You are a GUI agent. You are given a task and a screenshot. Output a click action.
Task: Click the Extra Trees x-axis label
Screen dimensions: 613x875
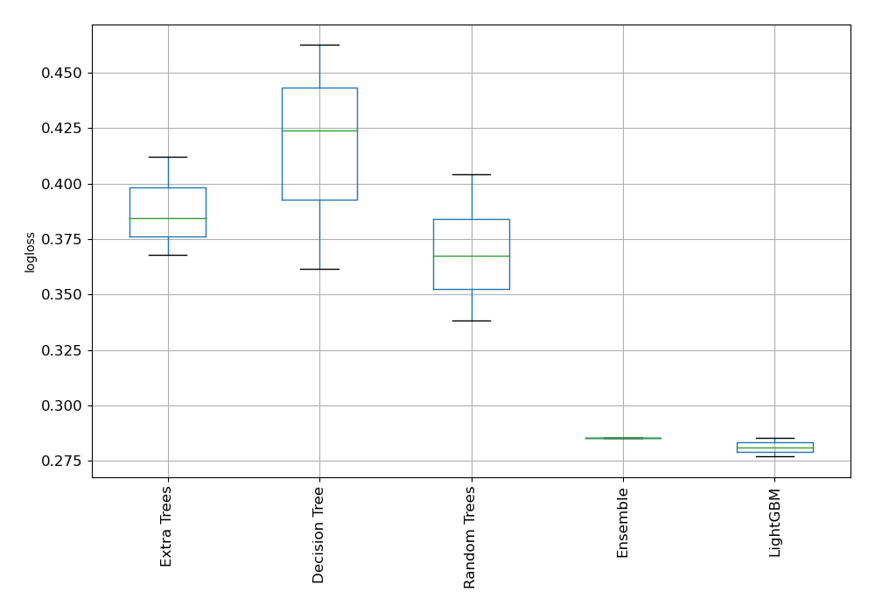click(167, 525)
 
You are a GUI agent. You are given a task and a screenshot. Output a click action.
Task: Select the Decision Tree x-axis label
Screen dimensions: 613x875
click(319, 534)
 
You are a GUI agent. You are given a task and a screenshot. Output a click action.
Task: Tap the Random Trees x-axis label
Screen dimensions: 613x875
click(471, 537)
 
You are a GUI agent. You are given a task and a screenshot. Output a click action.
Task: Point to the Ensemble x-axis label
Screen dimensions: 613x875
click(623, 523)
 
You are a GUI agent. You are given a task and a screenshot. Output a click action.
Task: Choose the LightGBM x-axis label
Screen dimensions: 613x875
click(774, 523)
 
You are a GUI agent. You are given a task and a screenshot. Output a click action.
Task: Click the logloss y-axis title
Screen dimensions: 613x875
click(31, 252)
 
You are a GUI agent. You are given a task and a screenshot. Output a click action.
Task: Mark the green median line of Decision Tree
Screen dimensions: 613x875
click(319, 130)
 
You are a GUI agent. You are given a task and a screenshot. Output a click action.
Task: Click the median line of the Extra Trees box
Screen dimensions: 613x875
click(167, 218)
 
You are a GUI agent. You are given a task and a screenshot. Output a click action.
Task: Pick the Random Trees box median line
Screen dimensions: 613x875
click(471, 256)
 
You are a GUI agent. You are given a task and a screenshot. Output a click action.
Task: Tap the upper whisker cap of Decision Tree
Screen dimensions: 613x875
click(319, 45)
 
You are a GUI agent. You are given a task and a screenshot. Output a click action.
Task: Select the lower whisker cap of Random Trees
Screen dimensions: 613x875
click(471, 321)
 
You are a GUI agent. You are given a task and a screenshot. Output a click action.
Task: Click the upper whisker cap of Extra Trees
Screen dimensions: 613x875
click(167, 157)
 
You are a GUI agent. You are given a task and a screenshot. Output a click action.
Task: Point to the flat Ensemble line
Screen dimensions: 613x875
click(623, 438)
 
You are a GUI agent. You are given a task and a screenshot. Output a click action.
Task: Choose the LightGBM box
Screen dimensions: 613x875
click(774, 447)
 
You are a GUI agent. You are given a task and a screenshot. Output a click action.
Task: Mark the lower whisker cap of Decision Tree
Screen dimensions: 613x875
click(319, 269)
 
